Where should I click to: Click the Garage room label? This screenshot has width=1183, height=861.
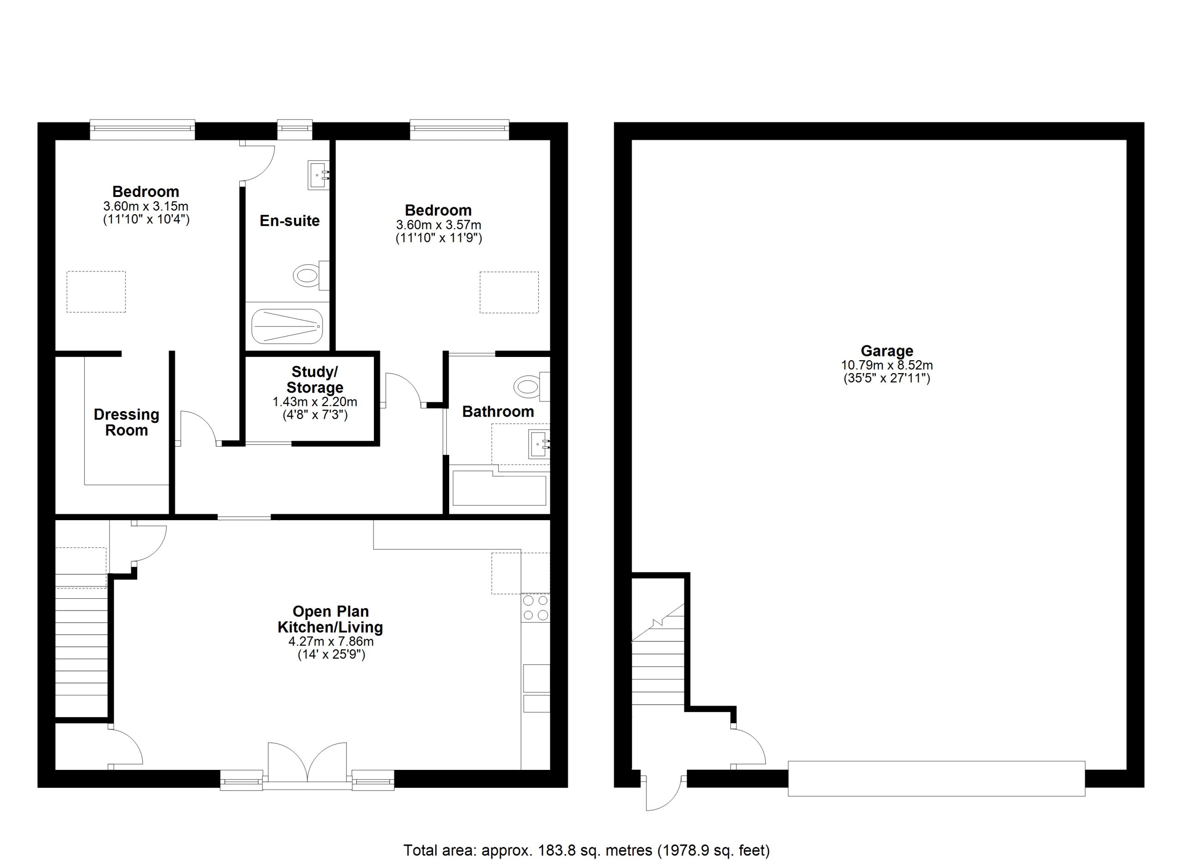pyautogui.click(x=887, y=351)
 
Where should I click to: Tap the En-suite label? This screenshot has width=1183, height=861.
pyautogui.click(x=289, y=221)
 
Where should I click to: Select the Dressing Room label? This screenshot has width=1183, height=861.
pyautogui.click(x=126, y=422)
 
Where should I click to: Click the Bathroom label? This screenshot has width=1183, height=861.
pyautogui.click(x=498, y=412)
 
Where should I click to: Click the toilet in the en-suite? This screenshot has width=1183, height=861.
pyautogui.click(x=311, y=275)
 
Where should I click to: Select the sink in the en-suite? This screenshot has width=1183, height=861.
pyautogui.click(x=319, y=175)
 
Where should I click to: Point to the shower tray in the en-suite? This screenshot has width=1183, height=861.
pyautogui.click(x=287, y=326)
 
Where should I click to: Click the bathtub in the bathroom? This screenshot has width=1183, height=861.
pyautogui.click(x=499, y=488)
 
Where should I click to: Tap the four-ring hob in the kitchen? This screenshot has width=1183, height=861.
pyautogui.click(x=536, y=608)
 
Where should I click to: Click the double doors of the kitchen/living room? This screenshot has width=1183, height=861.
pyautogui.click(x=307, y=763)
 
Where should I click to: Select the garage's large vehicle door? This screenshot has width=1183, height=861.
pyautogui.click(x=936, y=779)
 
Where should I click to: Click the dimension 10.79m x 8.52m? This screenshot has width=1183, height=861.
pyautogui.click(x=887, y=365)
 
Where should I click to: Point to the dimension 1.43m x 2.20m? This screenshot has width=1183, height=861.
pyautogui.click(x=315, y=402)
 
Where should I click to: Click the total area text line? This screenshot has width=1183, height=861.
pyautogui.click(x=587, y=850)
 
